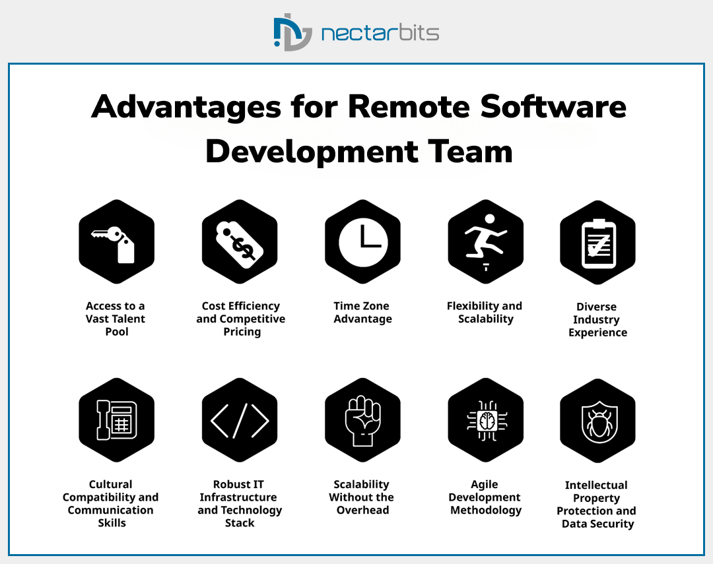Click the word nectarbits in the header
[380, 32]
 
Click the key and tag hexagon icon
[116, 241]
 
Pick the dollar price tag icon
[240, 241]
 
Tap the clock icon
[362, 241]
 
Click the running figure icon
[485, 241]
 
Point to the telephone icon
[116, 420]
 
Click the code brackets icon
[240, 420]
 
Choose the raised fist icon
[362, 420]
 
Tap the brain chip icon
[485, 420]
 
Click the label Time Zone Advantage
[362, 313]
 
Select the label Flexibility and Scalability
[485, 313]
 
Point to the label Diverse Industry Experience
[597, 320]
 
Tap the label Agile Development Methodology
[485, 497]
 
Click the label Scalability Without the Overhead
[362, 497]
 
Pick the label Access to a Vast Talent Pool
[116, 319]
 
